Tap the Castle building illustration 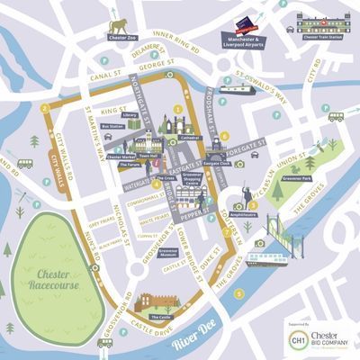coord(162,303)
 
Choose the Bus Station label coord(112,127)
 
